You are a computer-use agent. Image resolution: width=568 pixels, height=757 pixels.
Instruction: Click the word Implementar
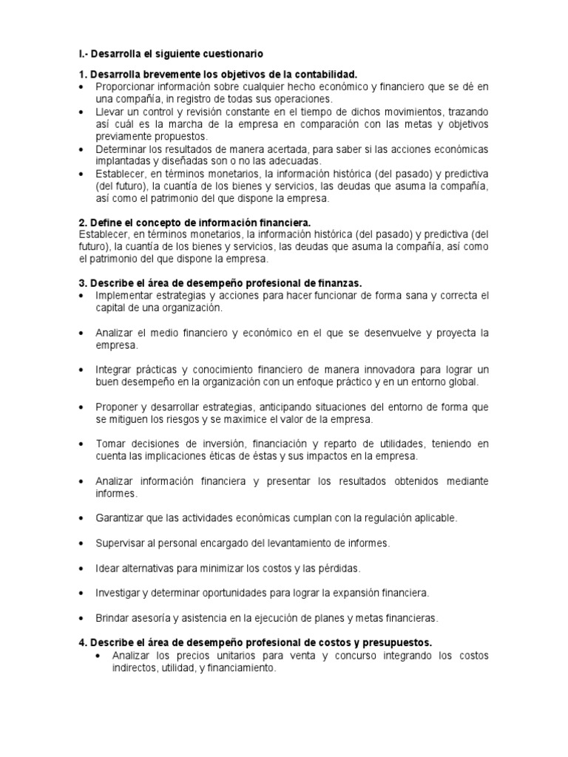click(x=123, y=296)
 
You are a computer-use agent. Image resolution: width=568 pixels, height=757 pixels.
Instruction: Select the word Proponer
click(x=117, y=407)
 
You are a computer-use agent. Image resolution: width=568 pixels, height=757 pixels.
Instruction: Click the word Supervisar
click(x=120, y=543)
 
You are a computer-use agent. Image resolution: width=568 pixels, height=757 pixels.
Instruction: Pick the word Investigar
click(x=118, y=593)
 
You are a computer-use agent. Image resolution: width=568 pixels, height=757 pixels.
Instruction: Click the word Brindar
click(x=113, y=617)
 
